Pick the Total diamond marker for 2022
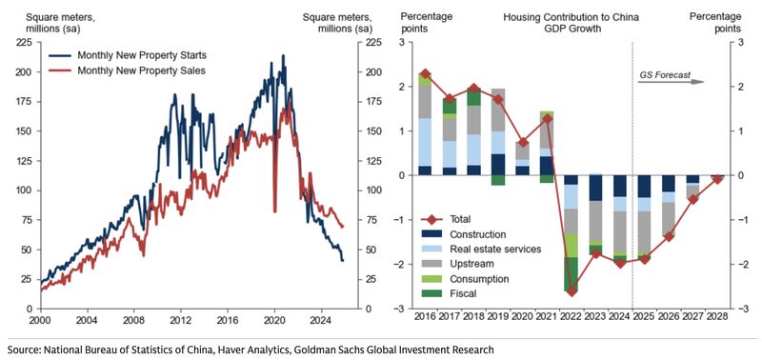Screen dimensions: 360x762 [571, 291]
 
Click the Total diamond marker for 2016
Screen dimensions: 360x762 [425, 74]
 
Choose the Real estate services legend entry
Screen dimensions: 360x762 [496, 249]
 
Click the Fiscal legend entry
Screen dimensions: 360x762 [474, 294]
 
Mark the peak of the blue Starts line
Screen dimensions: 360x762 [282, 56]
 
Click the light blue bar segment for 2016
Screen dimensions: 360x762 [425, 142]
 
